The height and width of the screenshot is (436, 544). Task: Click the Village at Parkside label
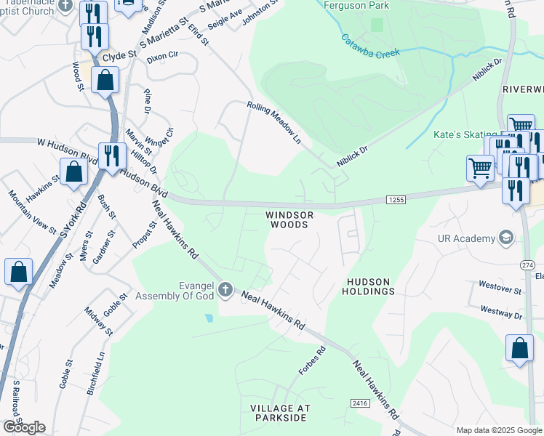(x=279, y=413)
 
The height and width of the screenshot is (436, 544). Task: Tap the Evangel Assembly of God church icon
(x=225, y=291)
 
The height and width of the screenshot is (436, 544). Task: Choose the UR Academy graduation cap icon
(x=505, y=238)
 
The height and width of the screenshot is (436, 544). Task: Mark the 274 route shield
(x=527, y=267)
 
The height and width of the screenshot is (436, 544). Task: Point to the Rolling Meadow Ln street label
(x=273, y=121)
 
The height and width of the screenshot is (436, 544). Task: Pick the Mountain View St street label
(x=32, y=212)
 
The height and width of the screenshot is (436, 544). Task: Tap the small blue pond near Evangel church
(x=209, y=318)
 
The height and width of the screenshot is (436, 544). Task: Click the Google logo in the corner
(x=24, y=427)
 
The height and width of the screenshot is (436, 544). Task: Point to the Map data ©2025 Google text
(x=498, y=430)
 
